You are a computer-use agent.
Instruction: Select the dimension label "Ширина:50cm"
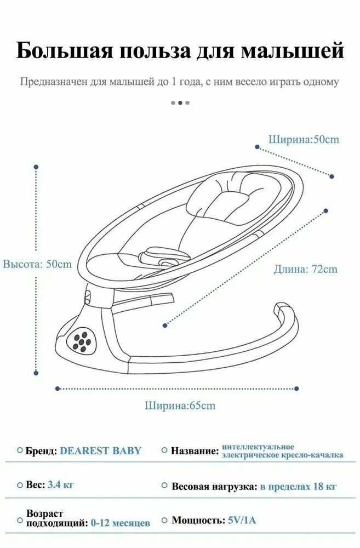304,139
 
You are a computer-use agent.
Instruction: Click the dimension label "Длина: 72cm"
306,269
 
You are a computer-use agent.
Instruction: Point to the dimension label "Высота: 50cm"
37,264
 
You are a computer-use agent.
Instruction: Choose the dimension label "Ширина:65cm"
180,406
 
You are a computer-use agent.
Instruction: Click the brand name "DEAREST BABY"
100,451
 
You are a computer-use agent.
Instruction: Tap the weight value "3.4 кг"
61,486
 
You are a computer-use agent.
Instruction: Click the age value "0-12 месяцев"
120,523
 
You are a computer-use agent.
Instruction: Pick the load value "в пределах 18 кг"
298,486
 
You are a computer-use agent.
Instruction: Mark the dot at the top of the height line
36,167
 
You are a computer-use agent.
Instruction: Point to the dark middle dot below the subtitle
180,102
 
